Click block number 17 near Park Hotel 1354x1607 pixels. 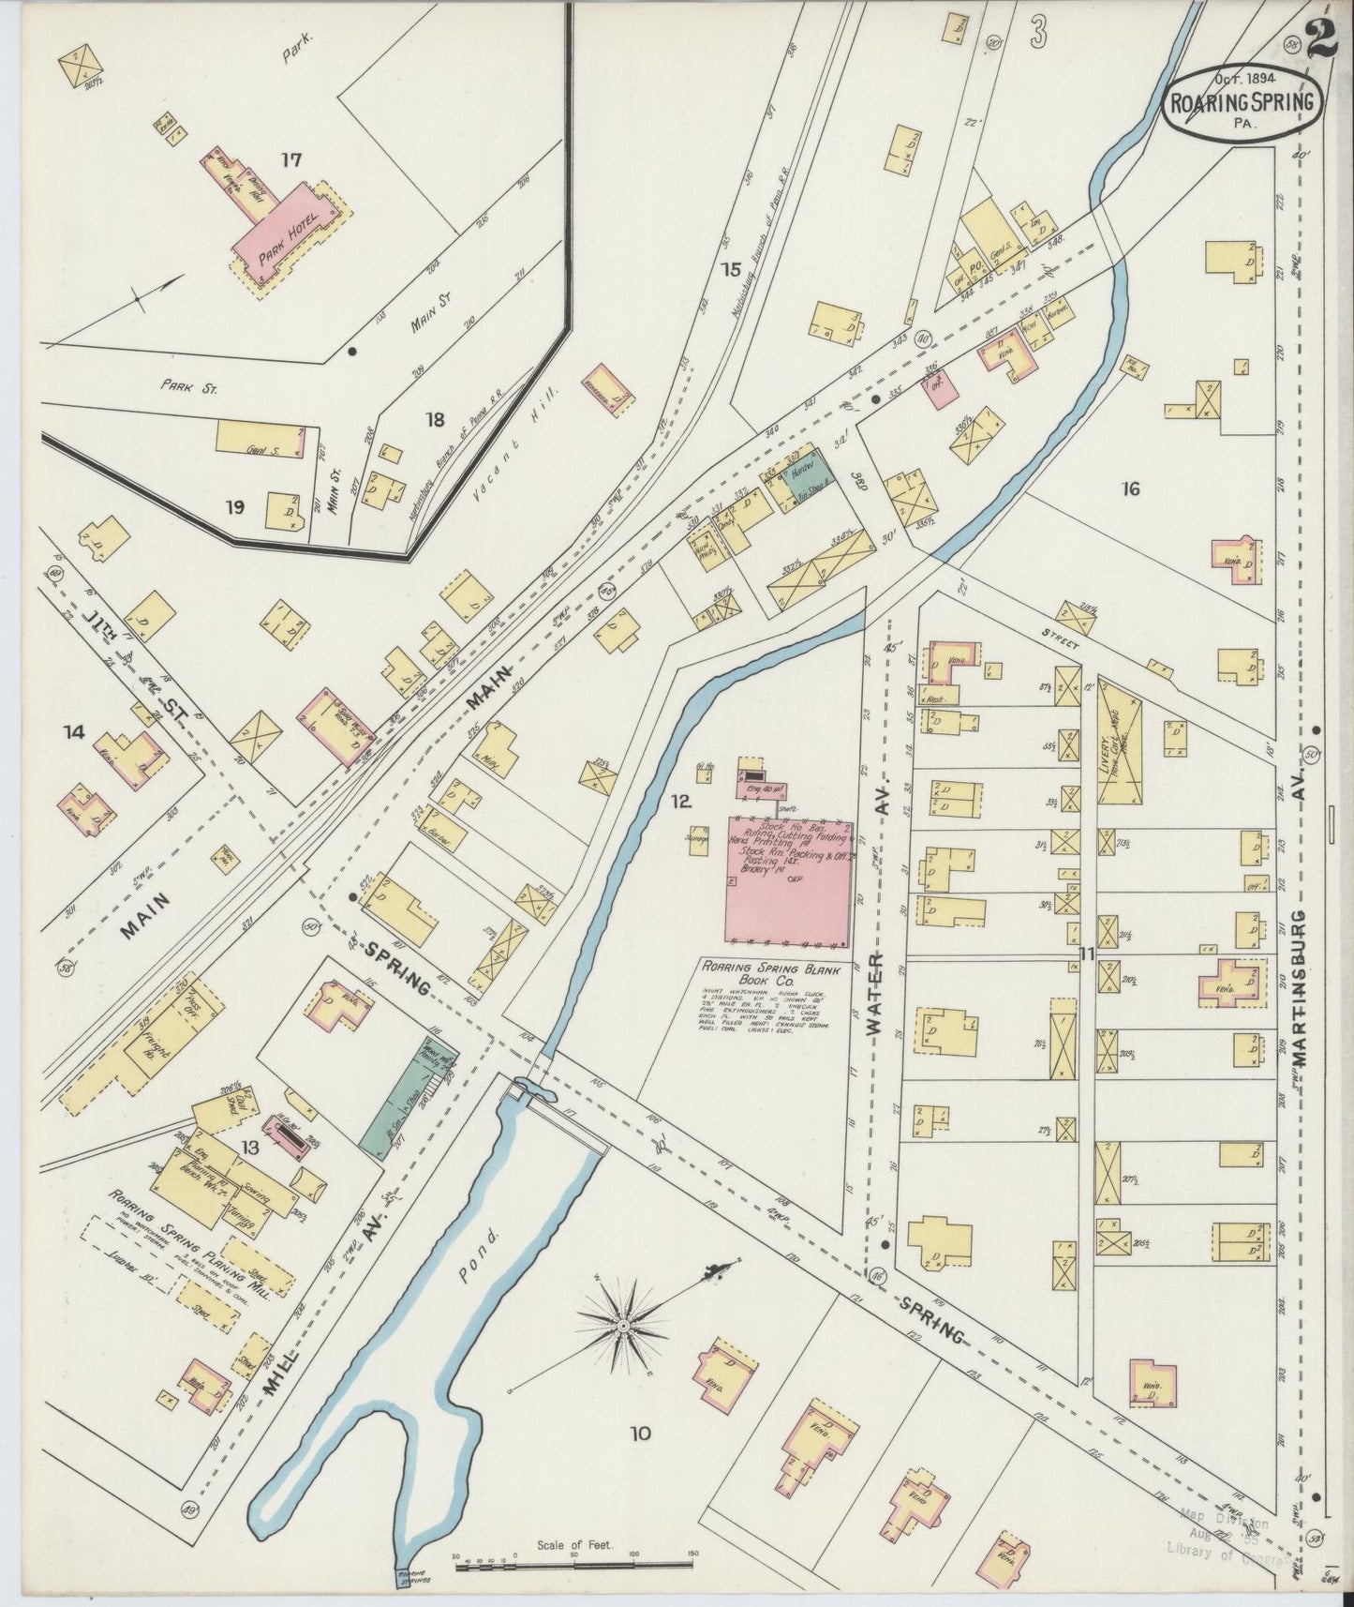click(x=290, y=160)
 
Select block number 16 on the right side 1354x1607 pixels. click(x=1131, y=488)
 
